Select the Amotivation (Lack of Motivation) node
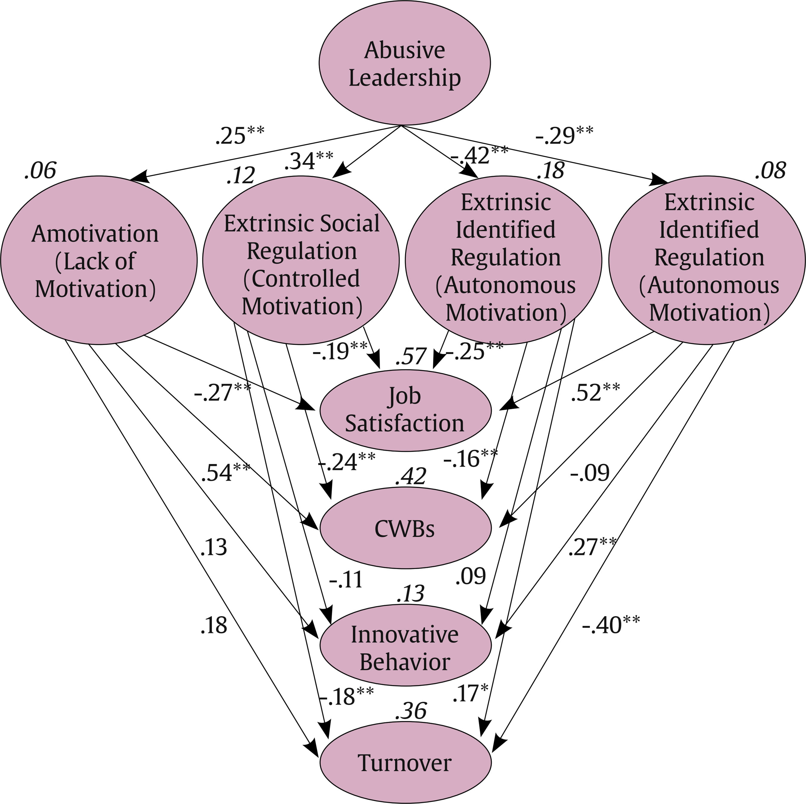point(99,260)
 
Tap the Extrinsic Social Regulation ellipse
point(301,260)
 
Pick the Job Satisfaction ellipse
point(405,410)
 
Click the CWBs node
point(405,528)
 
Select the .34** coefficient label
point(309,161)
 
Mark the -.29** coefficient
point(564,135)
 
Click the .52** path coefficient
point(595,392)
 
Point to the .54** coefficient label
point(226,472)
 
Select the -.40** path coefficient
point(611,625)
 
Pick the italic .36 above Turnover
point(411,711)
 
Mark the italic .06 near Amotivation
point(40,170)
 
